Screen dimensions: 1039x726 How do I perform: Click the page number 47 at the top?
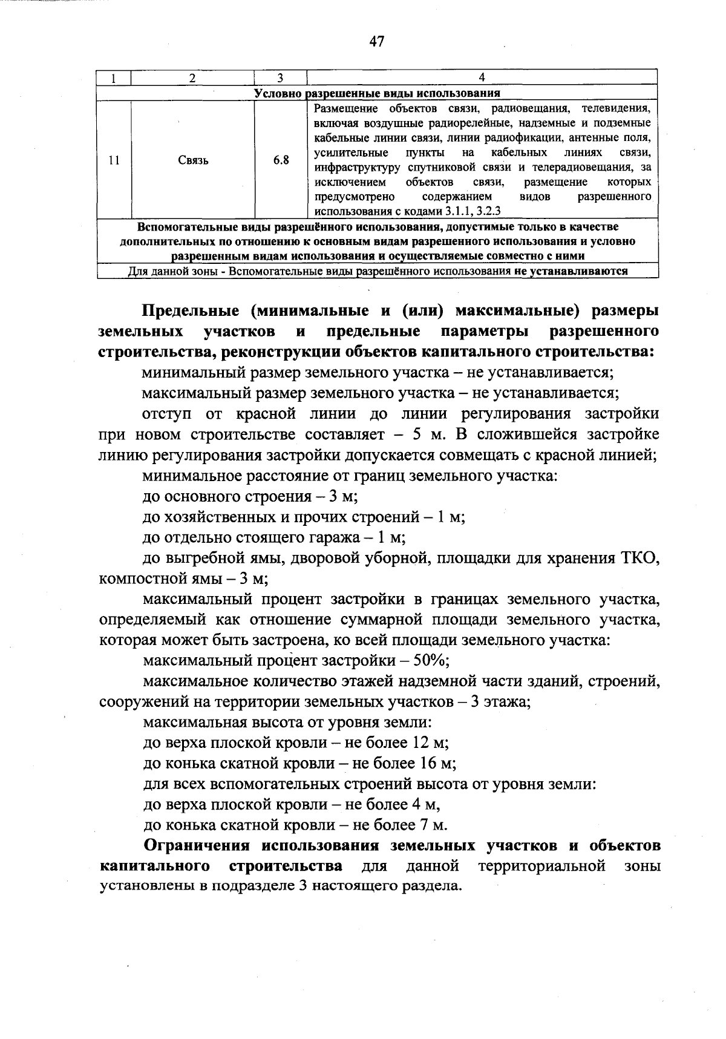click(376, 42)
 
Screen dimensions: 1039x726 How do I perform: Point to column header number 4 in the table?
click(482, 77)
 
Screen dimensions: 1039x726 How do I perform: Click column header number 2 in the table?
click(192, 77)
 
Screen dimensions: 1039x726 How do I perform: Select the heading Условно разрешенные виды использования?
click(377, 93)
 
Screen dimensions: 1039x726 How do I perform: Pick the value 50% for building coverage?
click(430, 661)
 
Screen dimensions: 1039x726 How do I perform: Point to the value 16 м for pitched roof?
click(432, 764)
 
